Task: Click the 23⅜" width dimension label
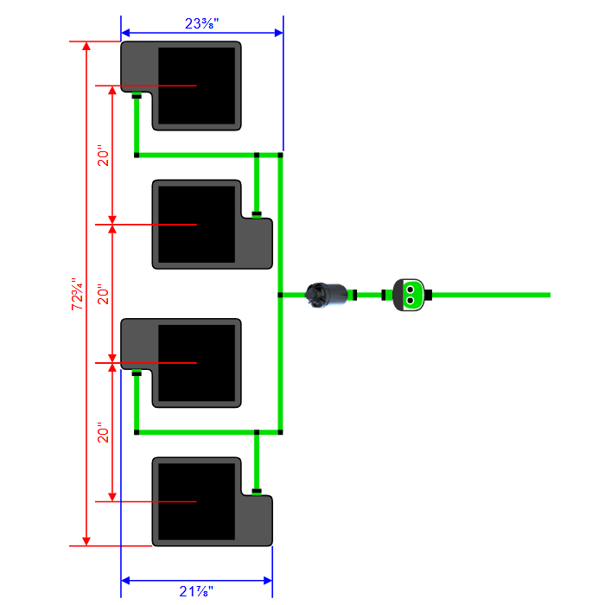click(202, 23)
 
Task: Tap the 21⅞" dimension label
click(197, 591)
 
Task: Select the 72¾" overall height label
click(77, 294)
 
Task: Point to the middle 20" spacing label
click(103, 294)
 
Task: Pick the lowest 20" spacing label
click(103, 432)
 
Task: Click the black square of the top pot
click(197, 86)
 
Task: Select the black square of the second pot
click(197, 223)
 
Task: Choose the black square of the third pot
click(197, 363)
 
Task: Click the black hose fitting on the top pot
click(137, 97)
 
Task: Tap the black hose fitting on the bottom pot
click(257, 492)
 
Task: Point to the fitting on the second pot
click(257, 213)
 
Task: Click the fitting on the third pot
click(137, 374)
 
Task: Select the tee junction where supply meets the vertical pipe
click(281, 295)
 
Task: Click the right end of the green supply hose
click(547, 295)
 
